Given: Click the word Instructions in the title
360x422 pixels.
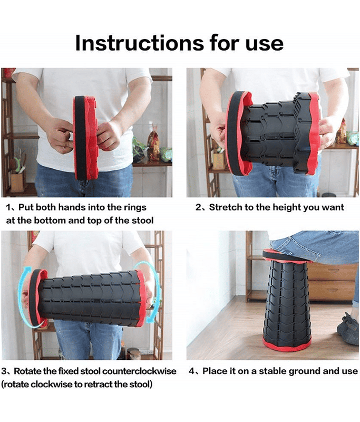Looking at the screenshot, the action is [x=139, y=43].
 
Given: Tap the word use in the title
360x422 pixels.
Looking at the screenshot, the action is [x=264, y=44].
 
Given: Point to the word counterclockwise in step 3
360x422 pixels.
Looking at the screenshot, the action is [x=139, y=371].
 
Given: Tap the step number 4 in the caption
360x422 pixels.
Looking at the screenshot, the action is [x=192, y=371].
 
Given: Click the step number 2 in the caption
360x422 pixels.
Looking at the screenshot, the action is [x=199, y=207].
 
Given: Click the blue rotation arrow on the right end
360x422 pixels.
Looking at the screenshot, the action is [x=156, y=293].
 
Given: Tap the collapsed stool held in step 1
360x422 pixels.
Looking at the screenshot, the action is [x=86, y=138].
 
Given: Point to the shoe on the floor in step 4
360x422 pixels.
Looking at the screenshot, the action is [x=348, y=329].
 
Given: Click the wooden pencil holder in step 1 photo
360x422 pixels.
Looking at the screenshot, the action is [x=17, y=183].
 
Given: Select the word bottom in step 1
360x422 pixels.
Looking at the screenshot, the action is [x=50, y=220].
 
